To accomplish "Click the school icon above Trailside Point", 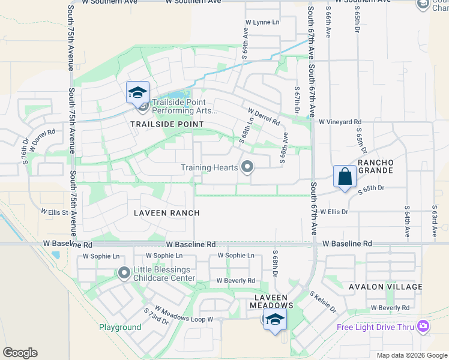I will (x=137, y=92).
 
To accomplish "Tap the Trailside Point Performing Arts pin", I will (x=143, y=107).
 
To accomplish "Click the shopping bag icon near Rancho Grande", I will (x=345, y=176).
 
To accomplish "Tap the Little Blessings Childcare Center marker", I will (x=124, y=274).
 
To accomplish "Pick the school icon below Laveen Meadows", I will (x=275, y=319).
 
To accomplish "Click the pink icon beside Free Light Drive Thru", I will (x=424, y=326).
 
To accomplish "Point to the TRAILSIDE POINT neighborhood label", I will (x=167, y=124).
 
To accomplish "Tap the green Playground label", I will (x=120, y=327).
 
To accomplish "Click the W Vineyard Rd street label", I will (x=340, y=122).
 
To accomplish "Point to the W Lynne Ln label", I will (x=262, y=22).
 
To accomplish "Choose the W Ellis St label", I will (x=55, y=211).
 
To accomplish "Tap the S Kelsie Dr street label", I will (x=323, y=302).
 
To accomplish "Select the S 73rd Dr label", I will (x=156, y=316).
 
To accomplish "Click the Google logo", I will (x=20, y=353).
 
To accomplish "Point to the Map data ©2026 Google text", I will (x=412, y=355).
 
